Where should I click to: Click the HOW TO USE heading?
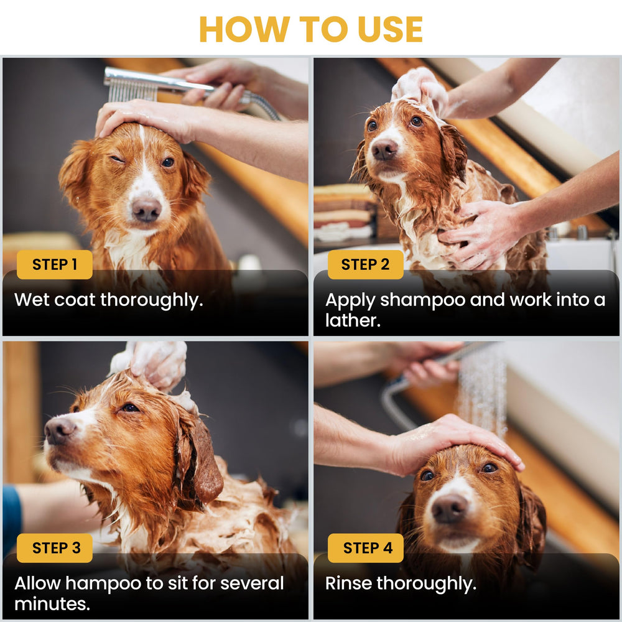point(311,29)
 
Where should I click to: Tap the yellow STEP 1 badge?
point(55,264)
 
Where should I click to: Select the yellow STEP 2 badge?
point(366,264)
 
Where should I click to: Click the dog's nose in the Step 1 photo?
point(147,210)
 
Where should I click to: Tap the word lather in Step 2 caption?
point(352,320)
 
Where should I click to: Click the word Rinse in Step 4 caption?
point(348,583)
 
